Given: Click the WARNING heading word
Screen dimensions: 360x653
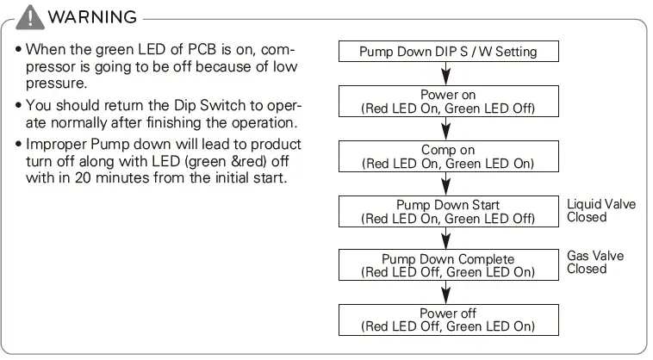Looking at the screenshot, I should (93, 18).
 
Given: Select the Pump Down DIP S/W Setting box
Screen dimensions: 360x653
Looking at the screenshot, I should (447, 52).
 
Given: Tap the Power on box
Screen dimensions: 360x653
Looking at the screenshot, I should (447, 101).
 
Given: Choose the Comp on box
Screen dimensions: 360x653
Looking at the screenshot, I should (447, 156).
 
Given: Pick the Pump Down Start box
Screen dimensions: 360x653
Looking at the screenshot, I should (447, 211).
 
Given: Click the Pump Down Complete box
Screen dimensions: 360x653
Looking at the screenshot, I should (447, 265).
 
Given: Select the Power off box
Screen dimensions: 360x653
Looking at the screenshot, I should (447, 320).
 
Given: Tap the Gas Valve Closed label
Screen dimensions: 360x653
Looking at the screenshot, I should (595, 262).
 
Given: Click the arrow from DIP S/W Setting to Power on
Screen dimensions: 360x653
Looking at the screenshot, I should (447, 73).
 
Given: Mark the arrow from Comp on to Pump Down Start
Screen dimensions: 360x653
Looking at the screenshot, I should (447, 183).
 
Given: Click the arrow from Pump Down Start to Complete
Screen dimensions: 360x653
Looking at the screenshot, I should (447, 239).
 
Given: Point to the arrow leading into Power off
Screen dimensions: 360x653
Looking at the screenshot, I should (447, 293).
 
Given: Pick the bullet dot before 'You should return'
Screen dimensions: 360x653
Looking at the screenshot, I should (18, 105).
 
